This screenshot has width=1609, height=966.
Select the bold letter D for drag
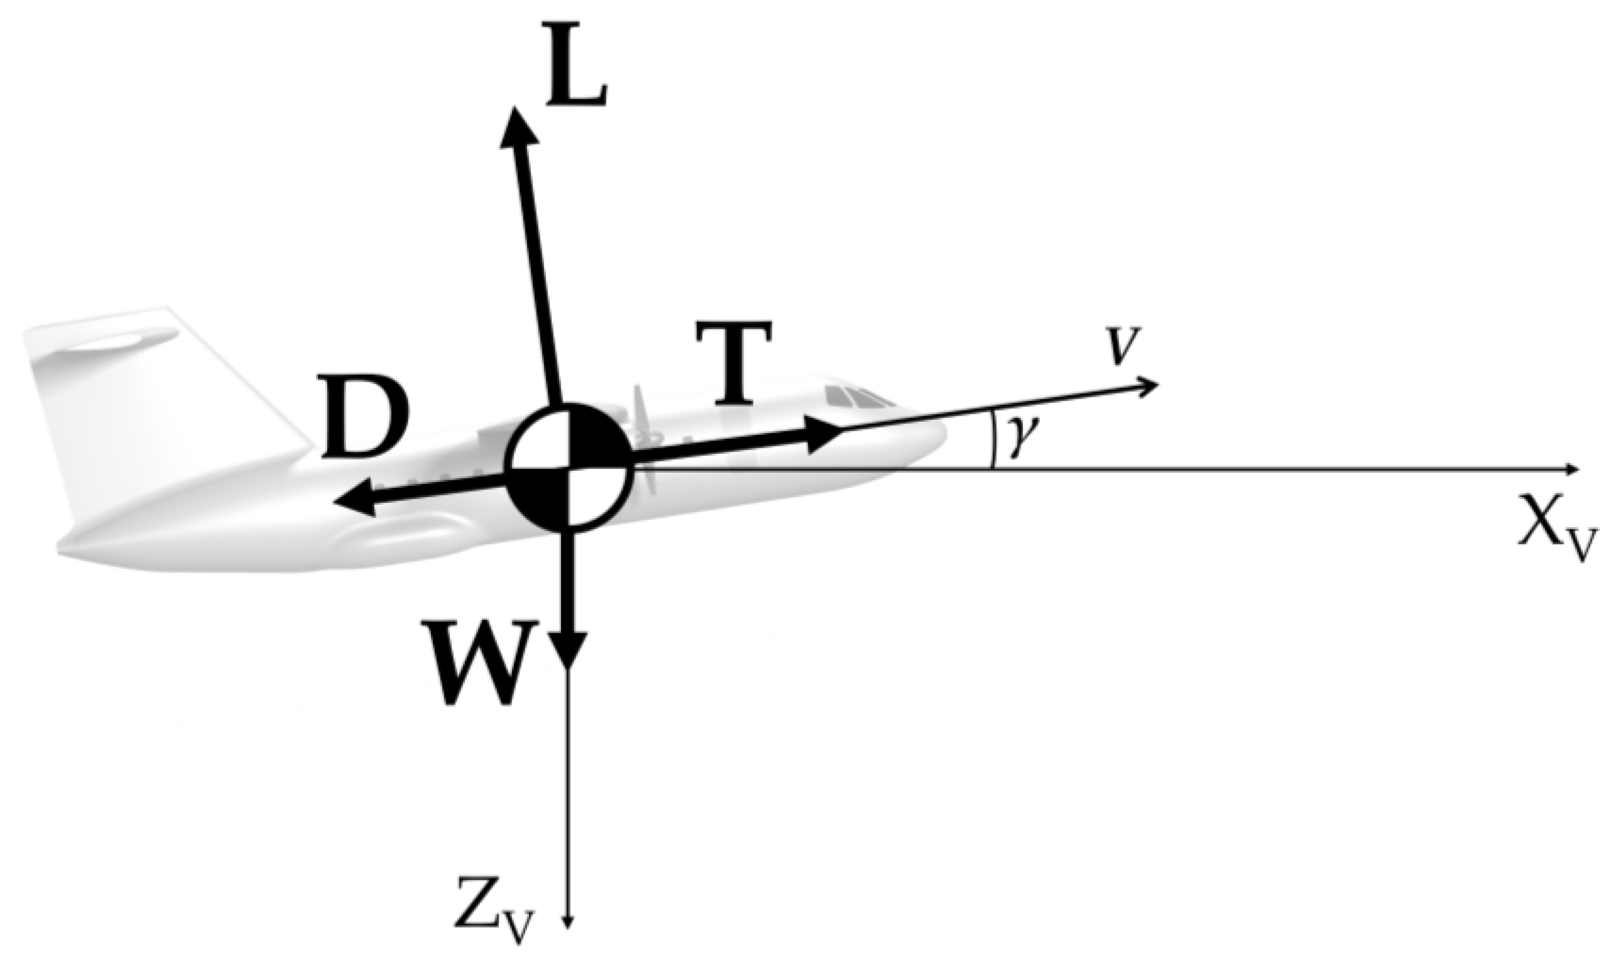point(367,417)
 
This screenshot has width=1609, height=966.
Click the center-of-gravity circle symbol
point(569,468)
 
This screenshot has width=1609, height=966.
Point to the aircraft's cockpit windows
point(855,395)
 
